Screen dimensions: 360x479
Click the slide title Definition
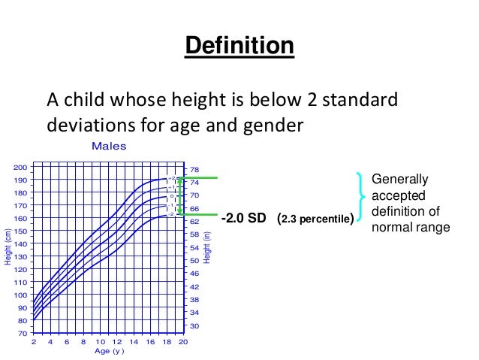(239, 46)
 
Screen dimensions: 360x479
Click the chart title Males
(108, 146)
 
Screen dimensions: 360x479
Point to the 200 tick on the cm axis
(20, 168)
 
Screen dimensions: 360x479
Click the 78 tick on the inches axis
(194, 170)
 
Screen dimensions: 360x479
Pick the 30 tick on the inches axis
(194, 325)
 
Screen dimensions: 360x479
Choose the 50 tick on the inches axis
(194, 261)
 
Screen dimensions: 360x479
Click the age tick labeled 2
(33, 342)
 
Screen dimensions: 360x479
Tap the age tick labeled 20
(183, 342)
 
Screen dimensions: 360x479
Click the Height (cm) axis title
(8, 247)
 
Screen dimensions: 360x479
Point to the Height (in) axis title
(207, 247)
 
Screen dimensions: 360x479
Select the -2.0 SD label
(245, 219)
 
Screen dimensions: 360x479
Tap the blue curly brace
(363, 197)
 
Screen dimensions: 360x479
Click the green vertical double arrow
(179, 196)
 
